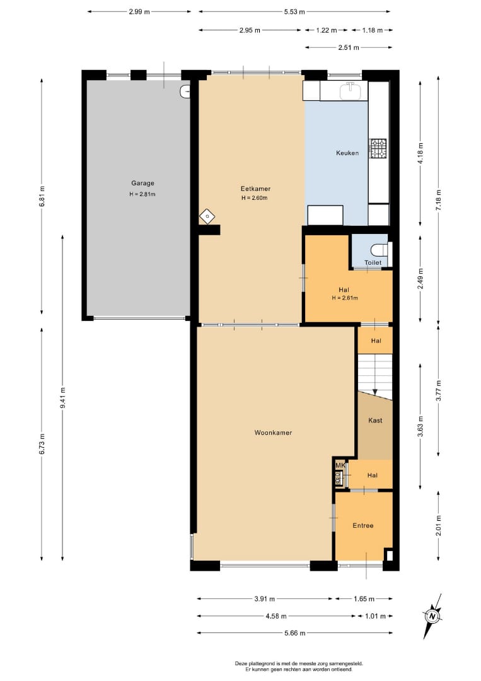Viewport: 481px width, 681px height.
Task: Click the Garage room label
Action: tap(143, 183)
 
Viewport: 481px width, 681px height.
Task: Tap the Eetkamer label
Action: tap(256, 189)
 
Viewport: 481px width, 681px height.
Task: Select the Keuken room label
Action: tap(347, 153)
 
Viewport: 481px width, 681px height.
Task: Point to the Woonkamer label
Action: tap(273, 433)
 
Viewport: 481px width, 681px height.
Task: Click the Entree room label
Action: tap(363, 525)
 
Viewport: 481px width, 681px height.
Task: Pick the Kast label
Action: tap(375, 421)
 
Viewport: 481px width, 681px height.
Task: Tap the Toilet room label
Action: tap(373, 262)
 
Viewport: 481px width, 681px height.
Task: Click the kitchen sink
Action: tap(351, 90)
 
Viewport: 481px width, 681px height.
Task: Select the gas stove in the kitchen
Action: tap(378, 148)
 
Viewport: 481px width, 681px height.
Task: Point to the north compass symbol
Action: tap(432, 616)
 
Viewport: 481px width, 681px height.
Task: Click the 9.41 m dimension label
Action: tap(62, 398)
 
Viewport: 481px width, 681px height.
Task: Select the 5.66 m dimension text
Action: tap(295, 633)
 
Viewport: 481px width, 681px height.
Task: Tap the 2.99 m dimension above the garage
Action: tap(139, 12)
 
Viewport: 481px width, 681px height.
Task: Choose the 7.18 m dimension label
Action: tap(439, 201)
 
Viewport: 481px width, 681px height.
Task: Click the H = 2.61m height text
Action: tap(345, 298)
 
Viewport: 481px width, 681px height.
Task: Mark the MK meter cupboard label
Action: tap(340, 465)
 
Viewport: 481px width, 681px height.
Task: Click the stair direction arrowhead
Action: tap(375, 392)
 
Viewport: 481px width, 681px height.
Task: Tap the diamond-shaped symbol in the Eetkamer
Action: tap(207, 216)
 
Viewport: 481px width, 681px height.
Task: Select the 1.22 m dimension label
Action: tap(327, 30)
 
